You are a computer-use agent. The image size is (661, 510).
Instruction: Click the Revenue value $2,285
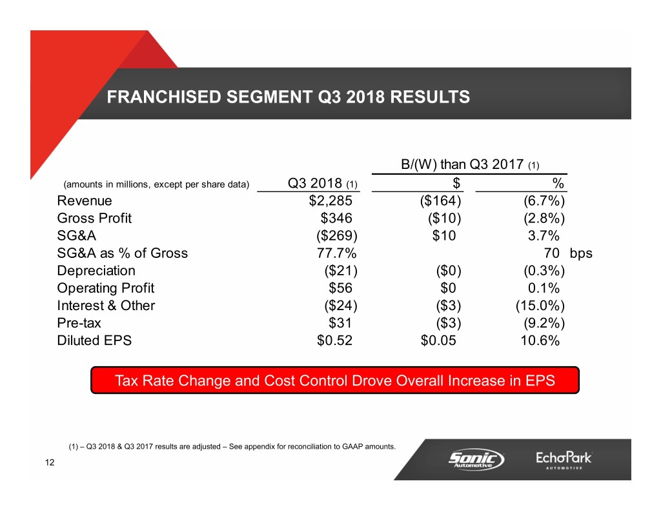tap(330, 201)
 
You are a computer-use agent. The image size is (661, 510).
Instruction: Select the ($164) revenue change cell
tap(440, 201)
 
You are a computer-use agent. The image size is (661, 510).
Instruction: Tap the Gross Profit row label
tap(94, 218)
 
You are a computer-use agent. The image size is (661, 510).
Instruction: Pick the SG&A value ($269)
tap(337, 236)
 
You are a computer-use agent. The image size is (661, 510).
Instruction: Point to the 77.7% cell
tap(336, 253)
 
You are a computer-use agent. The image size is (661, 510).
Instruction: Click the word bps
tap(581, 253)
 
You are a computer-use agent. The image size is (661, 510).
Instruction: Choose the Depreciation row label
tap(96, 270)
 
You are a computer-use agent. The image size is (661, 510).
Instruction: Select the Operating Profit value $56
tap(341, 288)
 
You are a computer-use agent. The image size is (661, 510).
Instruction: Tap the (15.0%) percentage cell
tap(540, 306)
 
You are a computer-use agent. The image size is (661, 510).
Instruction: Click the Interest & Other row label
tap(107, 306)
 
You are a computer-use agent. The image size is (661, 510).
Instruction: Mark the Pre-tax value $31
tap(340, 323)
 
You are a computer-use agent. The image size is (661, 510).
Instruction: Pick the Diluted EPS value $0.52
tap(335, 340)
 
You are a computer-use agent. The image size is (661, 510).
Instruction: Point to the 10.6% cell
tap(540, 340)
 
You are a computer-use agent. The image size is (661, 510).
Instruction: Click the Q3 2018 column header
tap(323, 184)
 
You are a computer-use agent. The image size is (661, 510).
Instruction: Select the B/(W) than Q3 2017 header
tap(470, 164)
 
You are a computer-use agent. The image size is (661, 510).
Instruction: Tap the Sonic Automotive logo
tap(476, 459)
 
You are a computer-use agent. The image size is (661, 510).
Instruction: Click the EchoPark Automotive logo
tap(564, 460)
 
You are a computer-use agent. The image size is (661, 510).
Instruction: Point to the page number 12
tap(50, 462)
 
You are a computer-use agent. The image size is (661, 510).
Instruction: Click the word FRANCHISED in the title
tap(164, 97)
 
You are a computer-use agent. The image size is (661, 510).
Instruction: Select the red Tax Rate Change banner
tap(335, 380)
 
